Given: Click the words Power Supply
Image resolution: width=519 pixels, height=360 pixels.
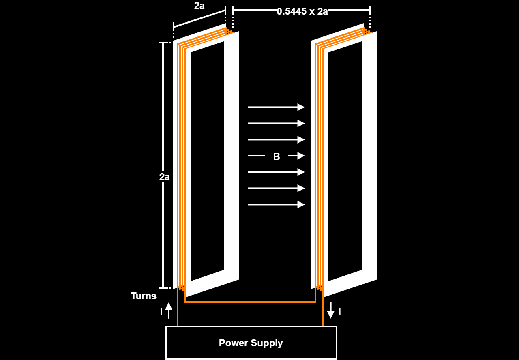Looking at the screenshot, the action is point(251,343).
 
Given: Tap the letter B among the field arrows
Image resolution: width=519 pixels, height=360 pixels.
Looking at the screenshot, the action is point(277,156).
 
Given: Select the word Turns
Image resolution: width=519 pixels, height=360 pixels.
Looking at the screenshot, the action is point(144,296).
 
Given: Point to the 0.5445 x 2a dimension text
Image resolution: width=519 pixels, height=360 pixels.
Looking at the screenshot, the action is point(302,11).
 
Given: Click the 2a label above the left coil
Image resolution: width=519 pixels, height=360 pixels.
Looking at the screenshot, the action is point(199,6).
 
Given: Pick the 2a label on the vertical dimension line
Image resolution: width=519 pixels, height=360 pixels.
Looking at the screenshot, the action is point(164,177).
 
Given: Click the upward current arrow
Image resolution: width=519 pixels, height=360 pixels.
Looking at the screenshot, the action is point(169,311).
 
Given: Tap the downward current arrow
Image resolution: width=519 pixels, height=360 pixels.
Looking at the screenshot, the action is point(330,311).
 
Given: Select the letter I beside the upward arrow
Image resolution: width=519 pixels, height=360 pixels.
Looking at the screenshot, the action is point(161,311).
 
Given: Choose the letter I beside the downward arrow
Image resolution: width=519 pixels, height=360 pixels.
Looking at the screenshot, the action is point(340,311).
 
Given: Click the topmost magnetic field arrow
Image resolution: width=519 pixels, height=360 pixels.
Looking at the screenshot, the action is point(277,107).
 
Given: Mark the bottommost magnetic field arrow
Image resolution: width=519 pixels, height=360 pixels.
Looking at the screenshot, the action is point(277,205).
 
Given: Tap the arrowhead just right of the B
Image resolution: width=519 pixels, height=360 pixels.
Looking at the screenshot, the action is point(301,156).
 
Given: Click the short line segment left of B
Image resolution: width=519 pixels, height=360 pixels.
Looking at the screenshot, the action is point(256,156).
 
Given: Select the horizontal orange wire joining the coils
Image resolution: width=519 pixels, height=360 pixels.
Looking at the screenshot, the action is point(250,302).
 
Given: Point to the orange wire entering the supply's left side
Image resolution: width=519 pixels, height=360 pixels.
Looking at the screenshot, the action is point(178,307).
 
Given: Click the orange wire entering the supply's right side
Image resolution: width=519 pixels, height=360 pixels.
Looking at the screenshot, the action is point(322,307).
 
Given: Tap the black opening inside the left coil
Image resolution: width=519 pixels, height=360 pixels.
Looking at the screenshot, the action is point(207,161).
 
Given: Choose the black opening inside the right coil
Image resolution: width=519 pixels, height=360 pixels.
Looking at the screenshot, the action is point(345,161).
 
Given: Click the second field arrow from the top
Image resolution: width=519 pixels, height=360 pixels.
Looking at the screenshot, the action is point(277,124).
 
